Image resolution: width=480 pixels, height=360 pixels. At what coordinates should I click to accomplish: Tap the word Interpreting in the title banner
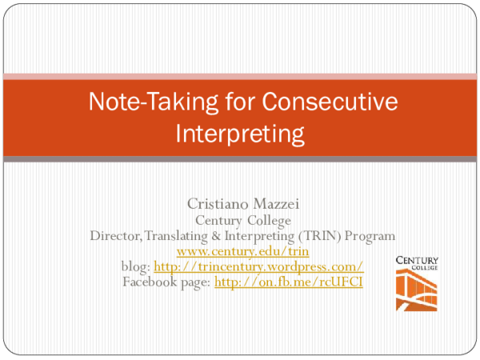pos(240,130)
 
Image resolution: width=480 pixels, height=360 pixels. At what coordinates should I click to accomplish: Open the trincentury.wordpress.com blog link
pos(258,266)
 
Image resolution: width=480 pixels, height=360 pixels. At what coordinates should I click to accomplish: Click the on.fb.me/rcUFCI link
pos(288,282)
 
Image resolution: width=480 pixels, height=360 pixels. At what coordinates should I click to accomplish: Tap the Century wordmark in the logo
pos(416,262)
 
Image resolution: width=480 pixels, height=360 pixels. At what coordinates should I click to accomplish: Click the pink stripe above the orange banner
pos(240,76)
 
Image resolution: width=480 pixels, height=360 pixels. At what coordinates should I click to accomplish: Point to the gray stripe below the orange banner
pos(240,159)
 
